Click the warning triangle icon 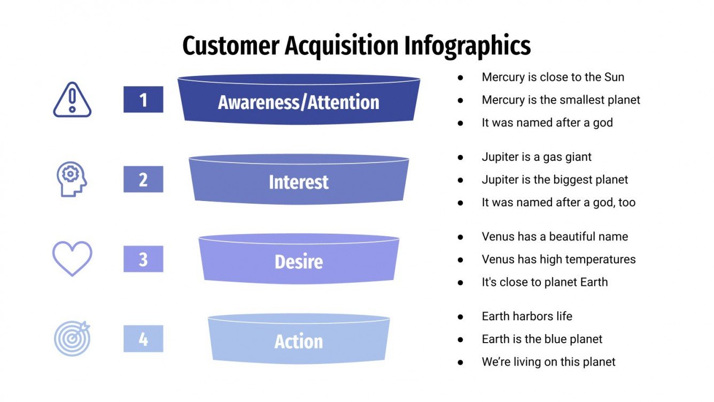click(x=72, y=100)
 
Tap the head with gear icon click(x=72, y=179)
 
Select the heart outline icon click(x=72, y=258)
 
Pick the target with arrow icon click(x=72, y=338)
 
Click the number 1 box click(x=143, y=99)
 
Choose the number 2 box click(x=143, y=179)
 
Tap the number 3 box click(x=143, y=259)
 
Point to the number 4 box click(x=143, y=338)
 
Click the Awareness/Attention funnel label click(x=298, y=102)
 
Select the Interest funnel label click(x=298, y=182)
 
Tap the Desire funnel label click(x=298, y=261)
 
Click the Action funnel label click(x=298, y=341)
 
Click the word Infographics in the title click(x=467, y=46)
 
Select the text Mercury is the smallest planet click(x=561, y=100)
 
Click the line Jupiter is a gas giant click(x=537, y=157)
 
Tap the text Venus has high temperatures click(x=558, y=259)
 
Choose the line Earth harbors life click(x=527, y=316)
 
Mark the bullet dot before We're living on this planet click(x=461, y=362)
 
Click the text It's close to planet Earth click(x=545, y=282)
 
